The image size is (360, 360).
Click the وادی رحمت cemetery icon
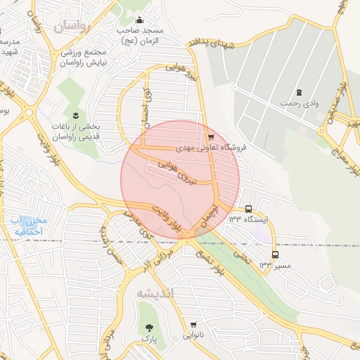[300, 92]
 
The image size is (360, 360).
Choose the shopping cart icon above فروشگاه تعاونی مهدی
[210, 137]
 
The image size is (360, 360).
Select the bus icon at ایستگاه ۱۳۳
[248, 209]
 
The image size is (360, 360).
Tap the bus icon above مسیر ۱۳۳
[275, 255]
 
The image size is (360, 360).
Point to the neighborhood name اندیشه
[155, 292]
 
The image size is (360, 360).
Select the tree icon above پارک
[148, 328]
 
